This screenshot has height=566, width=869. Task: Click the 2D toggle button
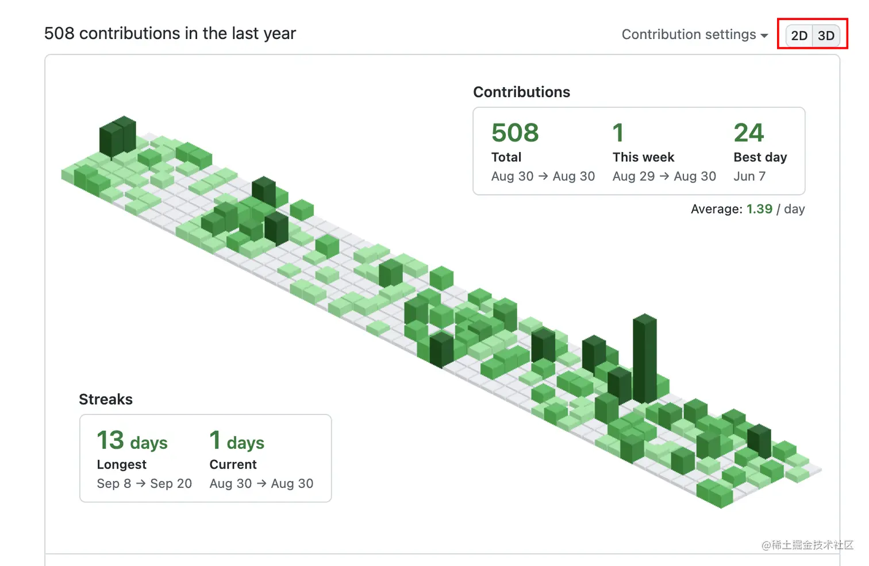point(799,36)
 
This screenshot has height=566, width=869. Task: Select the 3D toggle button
point(826,36)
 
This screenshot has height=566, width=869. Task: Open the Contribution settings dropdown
point(694,34)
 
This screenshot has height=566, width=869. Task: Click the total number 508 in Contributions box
point(515,133)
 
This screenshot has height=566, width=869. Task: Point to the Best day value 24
point(748,133)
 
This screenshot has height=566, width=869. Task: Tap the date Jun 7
point(749,176)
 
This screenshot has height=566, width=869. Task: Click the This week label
point(643,157)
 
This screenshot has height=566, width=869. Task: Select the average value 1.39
point(759,209)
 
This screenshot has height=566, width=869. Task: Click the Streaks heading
point(106,400)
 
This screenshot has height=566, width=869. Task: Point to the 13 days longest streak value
point(132,441)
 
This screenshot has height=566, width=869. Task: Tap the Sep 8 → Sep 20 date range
point(144,483)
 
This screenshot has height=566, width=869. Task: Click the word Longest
point(121,464)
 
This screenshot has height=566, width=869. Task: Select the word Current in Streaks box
point(233,464)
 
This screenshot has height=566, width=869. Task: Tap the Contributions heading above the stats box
point(521,92)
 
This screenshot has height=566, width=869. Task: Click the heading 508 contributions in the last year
point(170,33)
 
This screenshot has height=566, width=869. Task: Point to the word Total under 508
point(506,157)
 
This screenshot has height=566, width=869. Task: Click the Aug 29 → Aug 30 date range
point(664,176)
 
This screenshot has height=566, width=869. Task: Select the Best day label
point(760,157)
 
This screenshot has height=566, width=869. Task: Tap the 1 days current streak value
point(237,441)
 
